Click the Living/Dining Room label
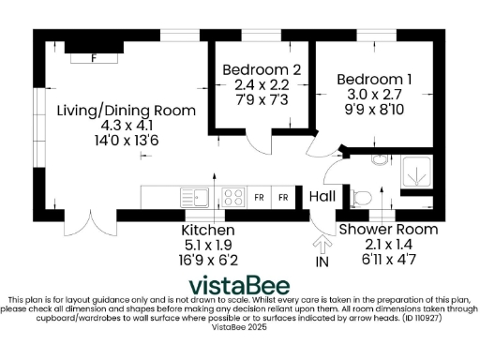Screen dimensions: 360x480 coord(127,111)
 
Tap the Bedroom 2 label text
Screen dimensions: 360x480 coord(261,70)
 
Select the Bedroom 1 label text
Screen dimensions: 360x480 coord(374,80)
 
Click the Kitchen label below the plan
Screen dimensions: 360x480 coord(207,230)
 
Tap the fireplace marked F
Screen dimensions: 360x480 coord(93,56)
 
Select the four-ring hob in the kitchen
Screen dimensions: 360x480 coord(231,197)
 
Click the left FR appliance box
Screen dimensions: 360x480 coord(260,198)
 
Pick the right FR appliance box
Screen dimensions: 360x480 coord(281,198)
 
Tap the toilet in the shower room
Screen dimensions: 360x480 coord(362,197)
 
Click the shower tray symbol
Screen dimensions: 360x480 coord(414,172)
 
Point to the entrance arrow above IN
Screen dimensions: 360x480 coord(323,244)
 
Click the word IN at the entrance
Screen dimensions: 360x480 coord(323,263)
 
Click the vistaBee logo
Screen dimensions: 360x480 coord(239,285)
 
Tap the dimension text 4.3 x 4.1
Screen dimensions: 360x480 coord(127,125)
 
